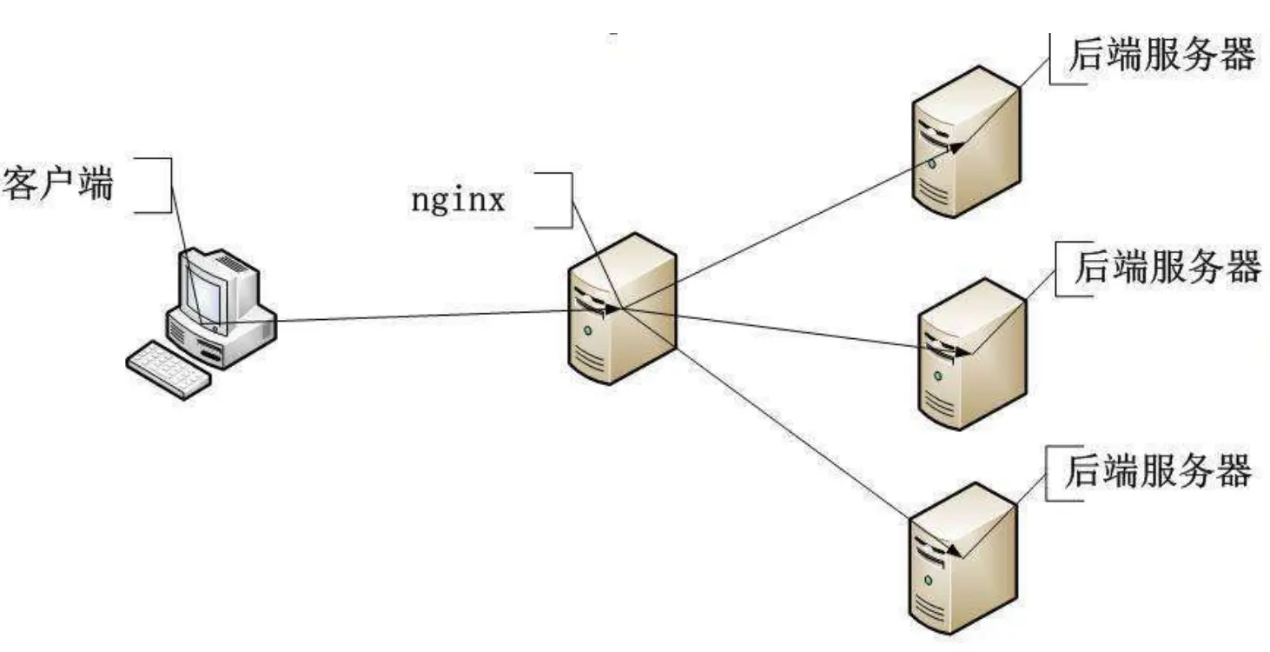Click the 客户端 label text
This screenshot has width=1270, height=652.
(x=59, y=183)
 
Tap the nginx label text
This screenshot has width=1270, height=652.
(x=458, y=201)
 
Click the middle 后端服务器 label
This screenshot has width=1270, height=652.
(x=1167, y=267)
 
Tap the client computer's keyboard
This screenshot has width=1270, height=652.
(x=169, y=369)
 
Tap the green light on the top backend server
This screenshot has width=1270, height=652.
(x=931, y=163)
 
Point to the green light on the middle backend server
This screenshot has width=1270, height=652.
(x=938, y=376)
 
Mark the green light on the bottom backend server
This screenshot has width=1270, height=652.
(x=929, y=580)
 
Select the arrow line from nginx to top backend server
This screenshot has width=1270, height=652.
(x=782, y=230)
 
